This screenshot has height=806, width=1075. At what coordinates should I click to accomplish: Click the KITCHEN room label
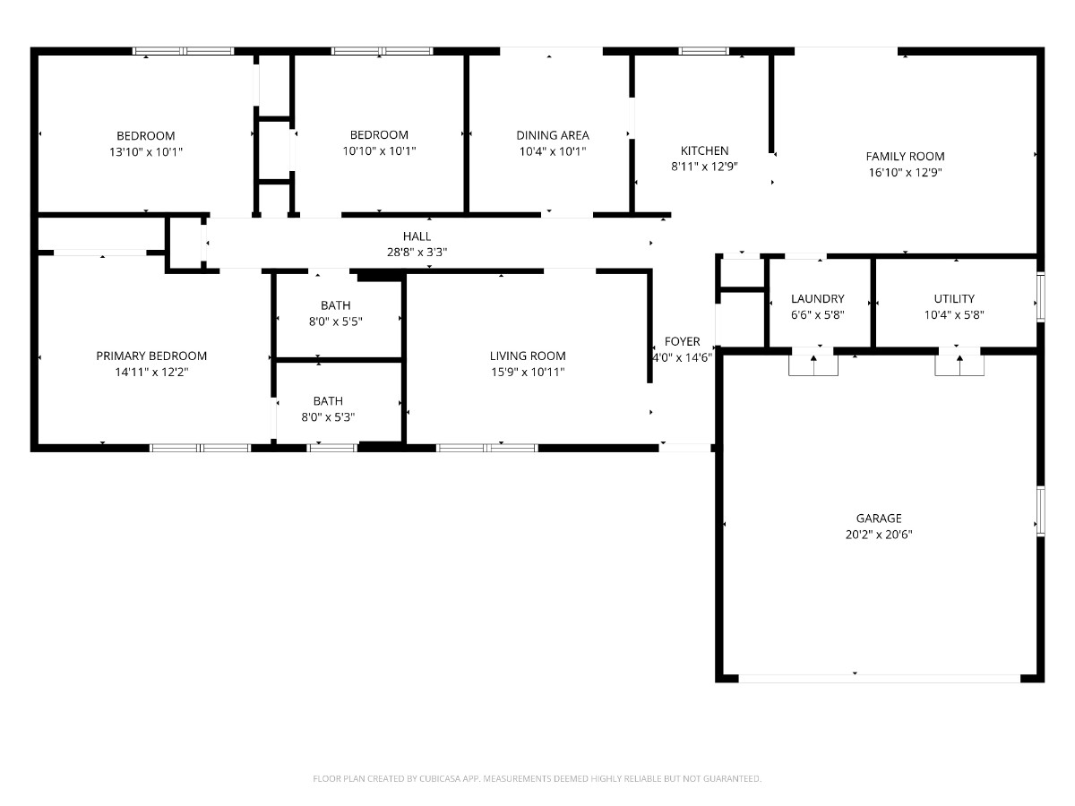[x=704, y=150]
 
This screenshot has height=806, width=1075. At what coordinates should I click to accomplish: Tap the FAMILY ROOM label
[x=905, y=157]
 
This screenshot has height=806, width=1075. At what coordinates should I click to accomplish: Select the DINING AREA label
[x=553, y=135]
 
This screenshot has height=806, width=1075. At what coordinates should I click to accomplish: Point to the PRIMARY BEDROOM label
[x=151, y=356]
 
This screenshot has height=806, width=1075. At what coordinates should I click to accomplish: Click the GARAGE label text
[x=879, y=519]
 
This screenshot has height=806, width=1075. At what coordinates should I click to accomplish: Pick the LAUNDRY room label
[x=817, y=298]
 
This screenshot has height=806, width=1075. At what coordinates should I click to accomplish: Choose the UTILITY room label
[x=954, y=298]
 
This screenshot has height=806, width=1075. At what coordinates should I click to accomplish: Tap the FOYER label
[x=682, y=341]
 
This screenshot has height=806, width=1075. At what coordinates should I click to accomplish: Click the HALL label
[x=417, y=236]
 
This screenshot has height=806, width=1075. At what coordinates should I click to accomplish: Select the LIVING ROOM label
[x=528, y=356]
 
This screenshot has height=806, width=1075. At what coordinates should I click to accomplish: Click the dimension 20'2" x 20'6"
[x=879, y=535]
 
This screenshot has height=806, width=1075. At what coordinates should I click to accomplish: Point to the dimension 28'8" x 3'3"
[x=417, y=252]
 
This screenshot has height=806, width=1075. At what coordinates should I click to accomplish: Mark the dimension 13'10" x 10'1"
[x=145, y=151]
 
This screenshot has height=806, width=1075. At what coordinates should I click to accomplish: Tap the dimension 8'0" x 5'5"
[x=335, y=322]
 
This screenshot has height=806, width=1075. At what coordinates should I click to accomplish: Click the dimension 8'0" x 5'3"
[x=328, y=417]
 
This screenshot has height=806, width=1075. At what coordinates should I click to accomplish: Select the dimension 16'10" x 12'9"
[x=905, y=172]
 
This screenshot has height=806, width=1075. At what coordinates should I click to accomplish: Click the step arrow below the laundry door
[x=813, y=365]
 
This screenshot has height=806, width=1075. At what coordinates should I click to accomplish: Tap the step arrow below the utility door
[x=959, y=365]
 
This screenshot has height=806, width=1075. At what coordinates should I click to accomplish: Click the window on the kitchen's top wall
[x=703, y=51]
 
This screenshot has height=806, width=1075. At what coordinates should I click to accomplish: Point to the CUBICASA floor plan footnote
[x=537, y=778]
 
